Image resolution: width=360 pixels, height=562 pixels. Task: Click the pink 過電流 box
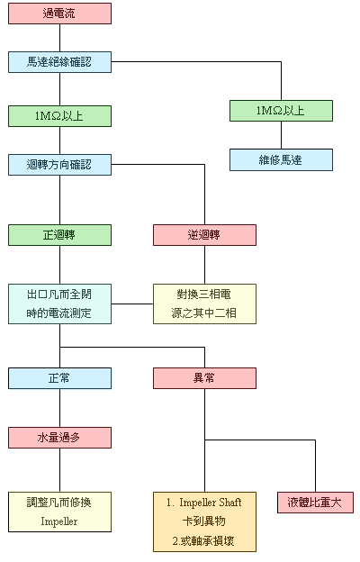pyautogui.click(x=59, y=14)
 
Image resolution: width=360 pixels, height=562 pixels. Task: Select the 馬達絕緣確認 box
pyautogui.click(x=59, y=62)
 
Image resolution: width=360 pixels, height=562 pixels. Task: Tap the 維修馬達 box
pyautogui.click(x=281, y=159)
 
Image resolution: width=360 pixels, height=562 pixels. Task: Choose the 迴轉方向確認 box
pyautogui.click(x=59, y=165)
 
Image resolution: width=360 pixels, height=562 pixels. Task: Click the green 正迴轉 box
pyautogui.click(x=59, y=235)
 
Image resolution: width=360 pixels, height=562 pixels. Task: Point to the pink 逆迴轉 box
pyautogui.click(x=205, y=235)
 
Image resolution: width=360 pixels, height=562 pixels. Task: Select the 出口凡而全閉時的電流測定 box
pyautogui.click(x=59, y=304)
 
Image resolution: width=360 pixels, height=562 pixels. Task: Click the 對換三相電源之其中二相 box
pyautogui.click(x=205, y=304)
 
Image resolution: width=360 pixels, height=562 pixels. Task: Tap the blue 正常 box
pyautogui.click(x=59, y=378)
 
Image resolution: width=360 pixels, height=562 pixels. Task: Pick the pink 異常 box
pyautogui.click(x=205, y=378)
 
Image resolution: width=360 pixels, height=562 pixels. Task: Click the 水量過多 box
pyautogui.click(x=59, y=438)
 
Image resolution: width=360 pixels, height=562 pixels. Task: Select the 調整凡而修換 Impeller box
pyautogui.click(x=59, y=512)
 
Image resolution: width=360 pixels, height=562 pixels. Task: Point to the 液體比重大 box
pyautogui.click(x=315, y=503)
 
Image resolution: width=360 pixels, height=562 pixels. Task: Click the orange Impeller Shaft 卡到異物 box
pyautogui.click(x=205, y=521)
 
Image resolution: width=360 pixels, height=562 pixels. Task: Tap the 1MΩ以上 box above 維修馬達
pyautogui.click(x=281, y=111)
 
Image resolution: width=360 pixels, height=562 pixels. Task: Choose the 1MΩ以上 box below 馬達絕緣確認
pyautogui.click(x=59, y=116)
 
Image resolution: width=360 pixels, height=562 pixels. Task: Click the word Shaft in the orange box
pyautogui.click(x=230, y=503)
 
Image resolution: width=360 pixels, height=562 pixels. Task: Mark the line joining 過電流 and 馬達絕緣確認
pyautogui.click(x=59, y=38)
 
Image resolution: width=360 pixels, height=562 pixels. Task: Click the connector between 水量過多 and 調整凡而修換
pyautogui.click(x=59, y=470)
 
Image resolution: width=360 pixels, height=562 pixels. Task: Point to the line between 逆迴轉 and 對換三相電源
pyautogui.click(x=205, y=265)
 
